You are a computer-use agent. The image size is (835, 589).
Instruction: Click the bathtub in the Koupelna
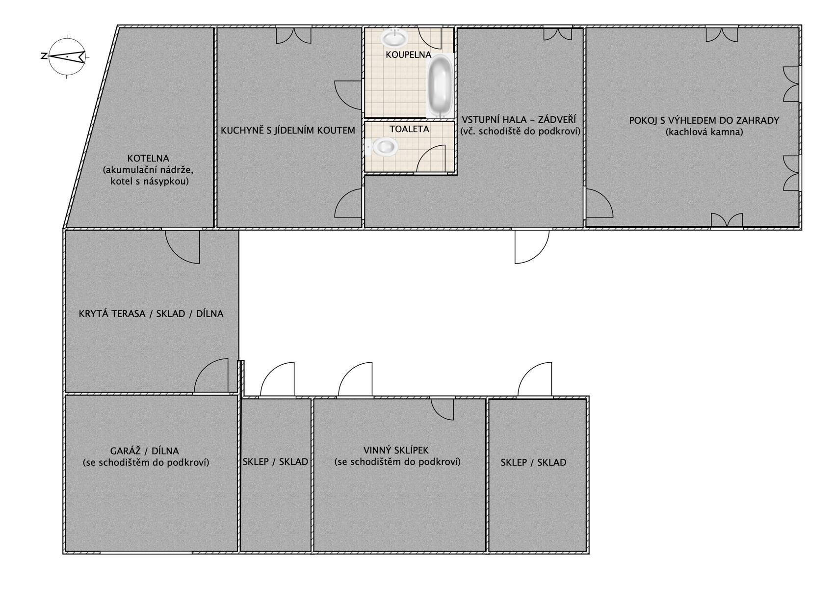(440, 86)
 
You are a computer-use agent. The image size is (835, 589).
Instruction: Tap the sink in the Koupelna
(394, 38)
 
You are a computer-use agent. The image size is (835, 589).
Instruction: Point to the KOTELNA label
(148, 158)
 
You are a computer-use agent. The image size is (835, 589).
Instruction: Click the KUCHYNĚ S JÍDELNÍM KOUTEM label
(288, 131)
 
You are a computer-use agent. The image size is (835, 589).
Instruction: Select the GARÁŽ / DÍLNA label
(145, 451)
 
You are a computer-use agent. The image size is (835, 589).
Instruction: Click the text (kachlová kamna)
(704, 132)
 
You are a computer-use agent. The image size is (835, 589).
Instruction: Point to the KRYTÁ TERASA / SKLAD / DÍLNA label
(151, 314)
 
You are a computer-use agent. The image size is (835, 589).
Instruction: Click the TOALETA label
(409, 129)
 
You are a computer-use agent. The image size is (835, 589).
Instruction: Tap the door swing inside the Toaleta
(431, 159)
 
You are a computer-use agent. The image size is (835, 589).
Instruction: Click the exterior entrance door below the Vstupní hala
(532, 247)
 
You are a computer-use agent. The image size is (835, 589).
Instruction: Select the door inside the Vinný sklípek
(443, 409)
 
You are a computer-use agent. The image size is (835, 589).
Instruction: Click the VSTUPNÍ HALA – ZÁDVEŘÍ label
(519, 120)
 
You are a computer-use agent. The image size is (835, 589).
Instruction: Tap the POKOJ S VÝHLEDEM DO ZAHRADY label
(704, 120)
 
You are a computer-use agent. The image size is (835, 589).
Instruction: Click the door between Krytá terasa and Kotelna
(183, 247)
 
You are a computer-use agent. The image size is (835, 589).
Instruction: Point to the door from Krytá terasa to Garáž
(211, 375)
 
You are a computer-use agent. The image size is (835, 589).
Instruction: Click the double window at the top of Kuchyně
(293, 36)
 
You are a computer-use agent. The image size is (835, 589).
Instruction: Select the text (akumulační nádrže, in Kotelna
(148, 170)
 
